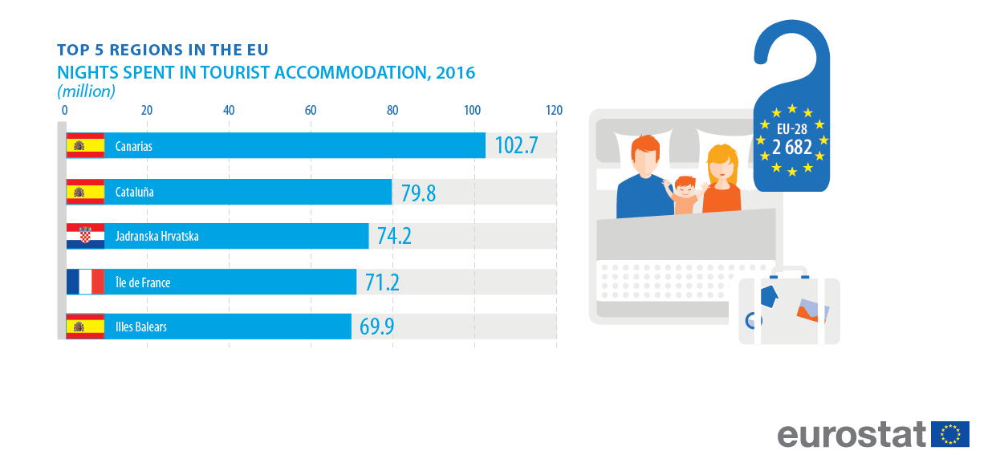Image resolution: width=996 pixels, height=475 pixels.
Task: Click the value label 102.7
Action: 516,145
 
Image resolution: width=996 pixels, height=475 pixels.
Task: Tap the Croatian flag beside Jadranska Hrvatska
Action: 85,236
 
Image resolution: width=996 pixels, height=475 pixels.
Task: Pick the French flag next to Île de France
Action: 85,282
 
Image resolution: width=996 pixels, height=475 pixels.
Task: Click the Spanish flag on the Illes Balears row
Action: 85,327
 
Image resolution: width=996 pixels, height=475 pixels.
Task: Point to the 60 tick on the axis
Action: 311,110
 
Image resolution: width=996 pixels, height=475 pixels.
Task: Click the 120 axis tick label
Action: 554,110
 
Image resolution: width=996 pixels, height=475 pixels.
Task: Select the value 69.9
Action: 376,327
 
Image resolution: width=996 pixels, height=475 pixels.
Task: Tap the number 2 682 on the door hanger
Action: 792,147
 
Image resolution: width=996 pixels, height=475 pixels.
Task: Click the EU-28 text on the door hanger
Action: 792,129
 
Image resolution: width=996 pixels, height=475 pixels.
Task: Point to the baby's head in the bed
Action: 685,187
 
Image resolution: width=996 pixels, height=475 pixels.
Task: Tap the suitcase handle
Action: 789,271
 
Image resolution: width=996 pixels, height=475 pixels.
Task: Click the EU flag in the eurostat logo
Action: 949,434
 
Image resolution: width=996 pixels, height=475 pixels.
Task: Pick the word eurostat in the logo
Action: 851,435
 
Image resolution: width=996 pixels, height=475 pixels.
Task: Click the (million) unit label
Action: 86,91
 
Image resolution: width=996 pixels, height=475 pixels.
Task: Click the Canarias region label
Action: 134,146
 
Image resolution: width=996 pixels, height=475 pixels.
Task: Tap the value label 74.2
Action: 394,236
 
